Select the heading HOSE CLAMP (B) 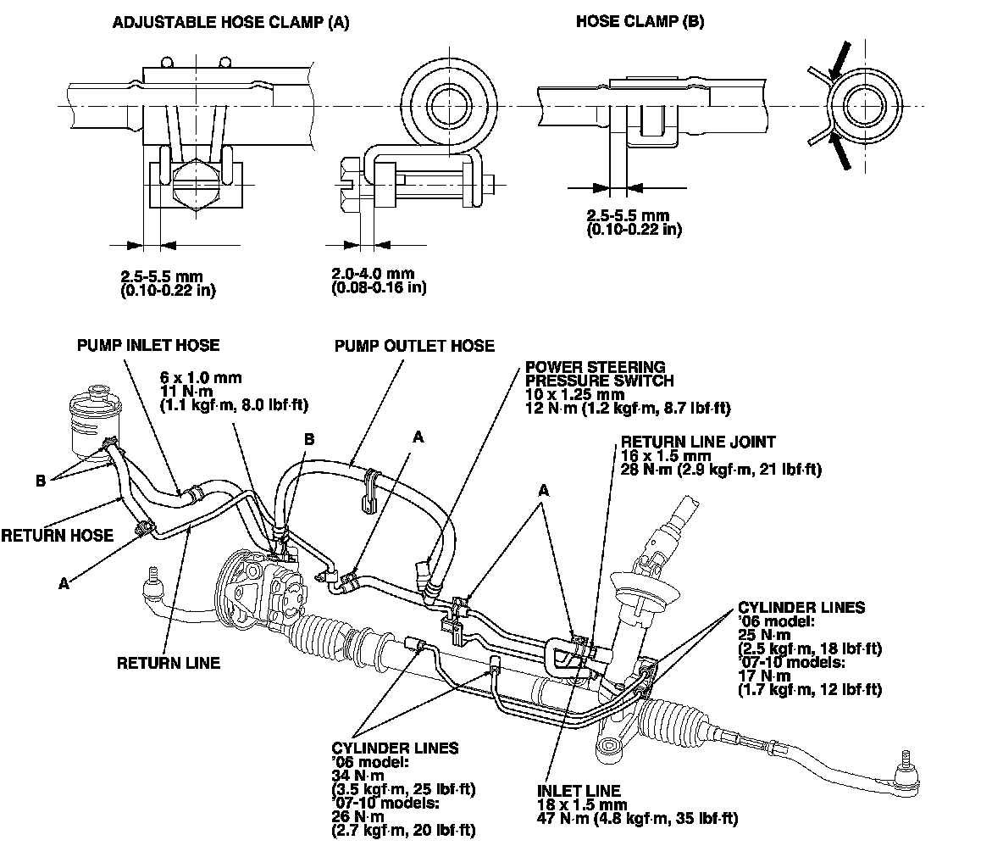(640, 23)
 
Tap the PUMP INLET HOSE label (147, 345)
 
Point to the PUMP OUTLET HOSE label (414, 346)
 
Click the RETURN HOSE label (57, 535)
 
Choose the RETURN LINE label (168, 663)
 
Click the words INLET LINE (578, 790)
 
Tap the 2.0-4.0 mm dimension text (373, 274)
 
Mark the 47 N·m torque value (558, 818)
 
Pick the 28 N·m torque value (646, 469)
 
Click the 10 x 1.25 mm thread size (574, 394)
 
